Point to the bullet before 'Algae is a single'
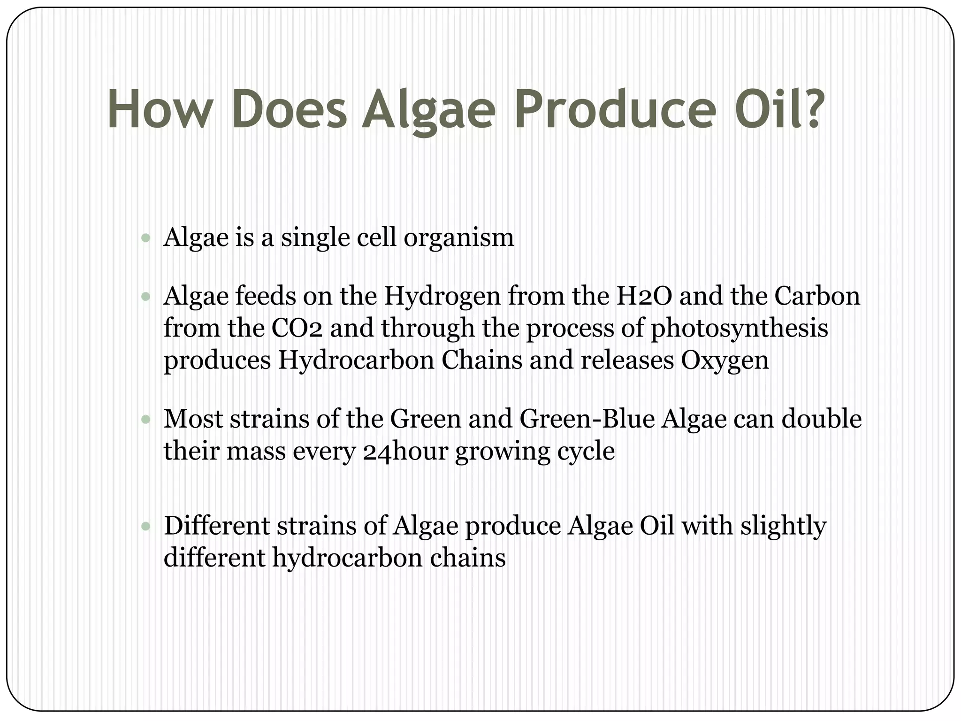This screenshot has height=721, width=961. (145, 238)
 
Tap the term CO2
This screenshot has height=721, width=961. (297, 328)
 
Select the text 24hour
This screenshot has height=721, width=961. (405, 452)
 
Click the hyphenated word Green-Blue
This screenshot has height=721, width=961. (587, 419)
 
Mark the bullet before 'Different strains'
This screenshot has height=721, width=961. (145, 526)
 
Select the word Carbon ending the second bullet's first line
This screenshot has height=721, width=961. (817, 296)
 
